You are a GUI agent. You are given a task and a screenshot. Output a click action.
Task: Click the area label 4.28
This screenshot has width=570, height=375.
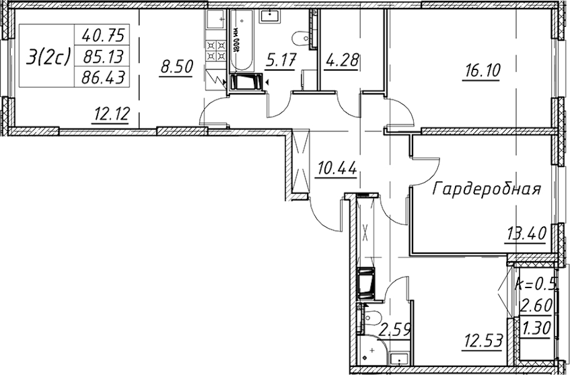click(343, 62)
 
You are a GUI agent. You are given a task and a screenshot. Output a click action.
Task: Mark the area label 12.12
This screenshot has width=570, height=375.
click(110, 116)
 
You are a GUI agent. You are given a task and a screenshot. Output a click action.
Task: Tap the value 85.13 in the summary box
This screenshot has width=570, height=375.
click(101, 57)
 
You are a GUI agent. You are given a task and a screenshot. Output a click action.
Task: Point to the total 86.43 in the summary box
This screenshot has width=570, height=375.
click(101, 78)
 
